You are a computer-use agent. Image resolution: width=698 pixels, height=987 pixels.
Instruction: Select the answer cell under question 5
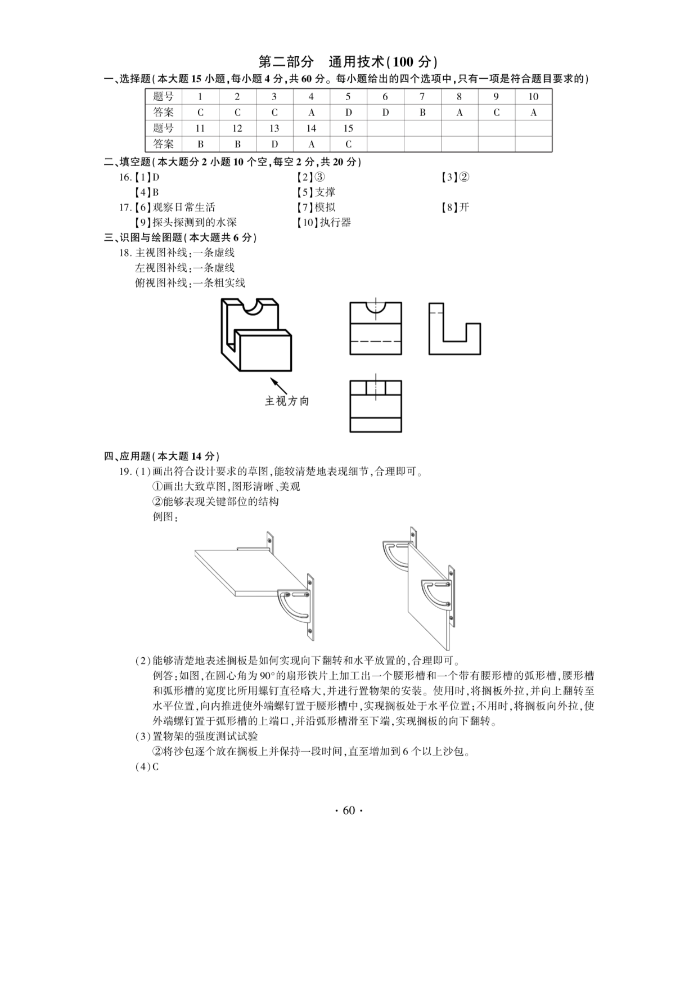coord(348,113)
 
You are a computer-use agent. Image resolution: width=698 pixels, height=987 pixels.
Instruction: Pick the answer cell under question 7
coord(422,113)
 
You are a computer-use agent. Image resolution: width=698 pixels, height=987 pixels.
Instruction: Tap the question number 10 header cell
coord(533,97)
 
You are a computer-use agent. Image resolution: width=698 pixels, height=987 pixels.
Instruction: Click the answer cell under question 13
coord(274,144)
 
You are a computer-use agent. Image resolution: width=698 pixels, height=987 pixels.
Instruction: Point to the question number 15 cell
coord(348,128)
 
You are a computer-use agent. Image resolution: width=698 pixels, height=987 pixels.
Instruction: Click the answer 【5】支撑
coord(316,192)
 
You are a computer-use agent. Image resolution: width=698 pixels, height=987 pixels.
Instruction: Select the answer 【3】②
coord(455,177)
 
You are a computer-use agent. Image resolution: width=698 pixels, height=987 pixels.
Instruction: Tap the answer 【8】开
coord(455,208)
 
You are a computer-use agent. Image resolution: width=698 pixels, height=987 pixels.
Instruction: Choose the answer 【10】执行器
coord(324,223)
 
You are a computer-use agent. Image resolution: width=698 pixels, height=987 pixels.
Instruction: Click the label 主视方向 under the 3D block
coord(287,402)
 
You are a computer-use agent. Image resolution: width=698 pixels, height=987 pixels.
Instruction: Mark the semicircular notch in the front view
coord(376,308)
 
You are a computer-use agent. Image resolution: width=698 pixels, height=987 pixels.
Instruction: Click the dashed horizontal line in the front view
coord(376,342)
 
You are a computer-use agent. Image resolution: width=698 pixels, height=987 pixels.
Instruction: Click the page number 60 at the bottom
coord(349,810)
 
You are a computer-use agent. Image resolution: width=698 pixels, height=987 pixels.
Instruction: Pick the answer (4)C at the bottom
coord(147,766)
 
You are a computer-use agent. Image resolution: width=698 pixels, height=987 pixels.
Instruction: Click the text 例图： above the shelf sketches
coord(165,517)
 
